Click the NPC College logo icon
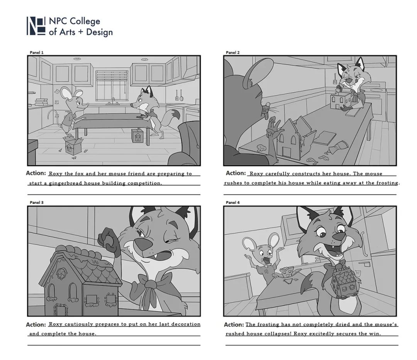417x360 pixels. [36, 26]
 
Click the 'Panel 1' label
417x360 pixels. [36, 53]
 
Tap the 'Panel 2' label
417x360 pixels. [233, 53]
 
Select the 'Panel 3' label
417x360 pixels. [36, 202]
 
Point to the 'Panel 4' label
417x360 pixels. [233, 202]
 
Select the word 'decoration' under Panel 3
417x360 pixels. [186, 324]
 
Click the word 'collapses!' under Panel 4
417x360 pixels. [276, 334]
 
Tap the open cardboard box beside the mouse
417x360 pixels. [73, 145]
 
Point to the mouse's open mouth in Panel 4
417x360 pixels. [266, 261]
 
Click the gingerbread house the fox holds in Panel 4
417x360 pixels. [344, 282]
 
